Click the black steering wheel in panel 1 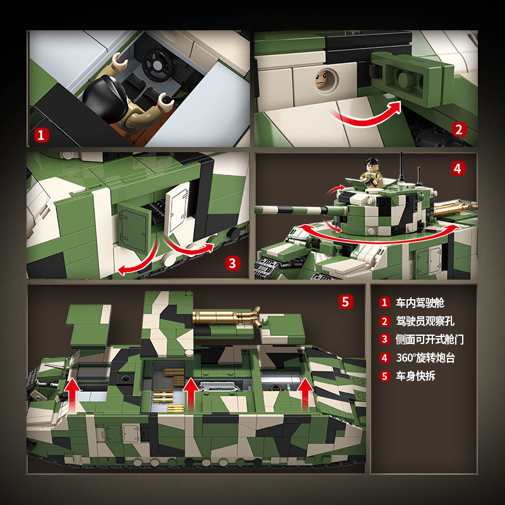[x=157, y=65]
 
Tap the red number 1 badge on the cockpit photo [x=41, y=135]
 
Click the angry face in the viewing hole [x=324, y=80]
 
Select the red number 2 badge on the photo [x=459, y=129]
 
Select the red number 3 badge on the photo [x=232, y=263]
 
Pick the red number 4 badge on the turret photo [x=458, y=169]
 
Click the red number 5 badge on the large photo [x=345, y=302]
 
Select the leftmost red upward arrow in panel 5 [x=72, y=395]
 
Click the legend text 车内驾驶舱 [x=420, y=303]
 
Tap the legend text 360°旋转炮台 [x=425, y=358]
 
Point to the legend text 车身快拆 [x=415, y=376]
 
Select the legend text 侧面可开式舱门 [x=430, y=340]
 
